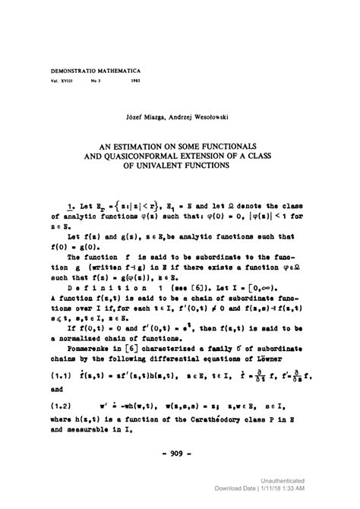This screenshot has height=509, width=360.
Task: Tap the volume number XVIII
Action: tap(65, 79)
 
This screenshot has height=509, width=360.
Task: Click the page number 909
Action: tap(180, 457)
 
